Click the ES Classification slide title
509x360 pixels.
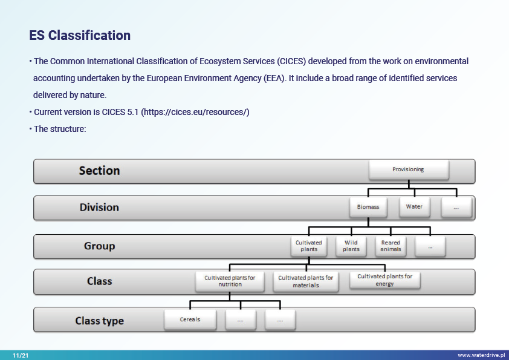pos(80,36)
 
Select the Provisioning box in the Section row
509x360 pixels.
pos(409,169)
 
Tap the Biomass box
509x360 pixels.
pos(368,207)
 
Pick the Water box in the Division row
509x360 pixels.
pos(415,207)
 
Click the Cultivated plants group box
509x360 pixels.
pos(309,246)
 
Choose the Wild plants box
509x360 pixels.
pos(351,246)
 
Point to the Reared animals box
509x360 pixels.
pos(391,246)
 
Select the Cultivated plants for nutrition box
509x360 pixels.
pos(230,281)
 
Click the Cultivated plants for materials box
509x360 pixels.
pos(306,282)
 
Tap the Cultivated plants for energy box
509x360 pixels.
pos(385,280)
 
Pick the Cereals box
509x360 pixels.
pos(190,319)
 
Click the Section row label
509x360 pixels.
pos(99,171)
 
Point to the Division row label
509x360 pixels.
pos(99,208)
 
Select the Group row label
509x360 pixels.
pos(99,246)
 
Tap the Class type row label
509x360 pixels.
pos(99,321)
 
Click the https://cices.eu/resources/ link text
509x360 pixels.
pos(195,112)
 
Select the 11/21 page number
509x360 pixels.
pos(21,355)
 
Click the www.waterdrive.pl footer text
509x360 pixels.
pos(481,355)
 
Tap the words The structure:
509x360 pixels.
pos(60,129)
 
